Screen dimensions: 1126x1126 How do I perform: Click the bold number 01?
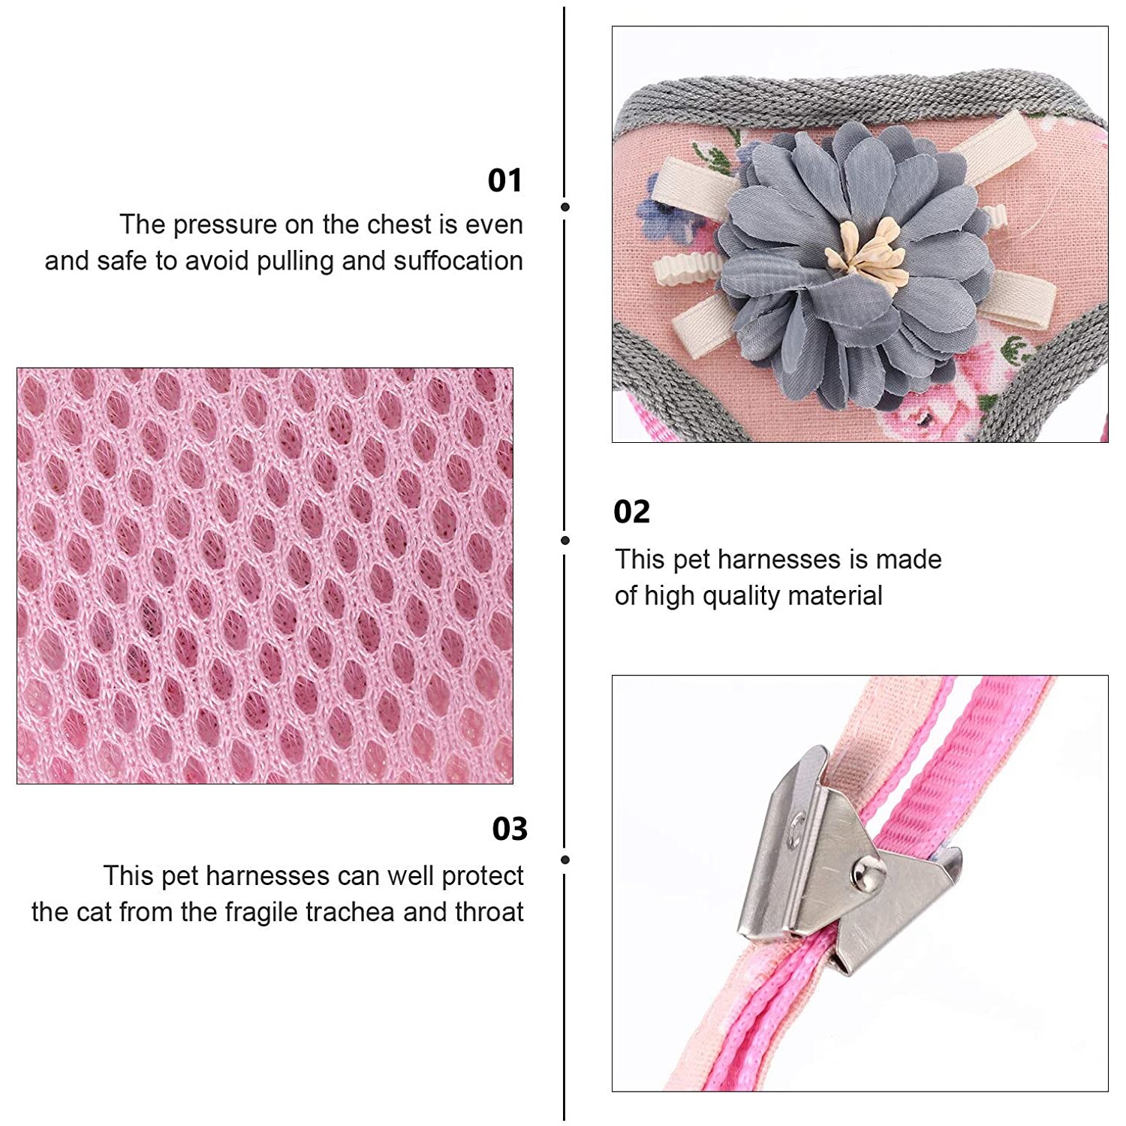(504, 180)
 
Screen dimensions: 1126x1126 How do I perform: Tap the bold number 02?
(631, 512)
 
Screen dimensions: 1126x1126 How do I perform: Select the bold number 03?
(510, 829)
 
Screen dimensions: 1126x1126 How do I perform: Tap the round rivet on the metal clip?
(866, 873)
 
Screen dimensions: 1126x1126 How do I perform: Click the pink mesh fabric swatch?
(265, 576)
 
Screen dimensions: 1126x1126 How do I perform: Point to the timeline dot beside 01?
(565, 207)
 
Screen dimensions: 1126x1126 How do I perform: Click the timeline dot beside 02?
(565, 540)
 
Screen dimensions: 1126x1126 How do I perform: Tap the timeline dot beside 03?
(565, 860)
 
